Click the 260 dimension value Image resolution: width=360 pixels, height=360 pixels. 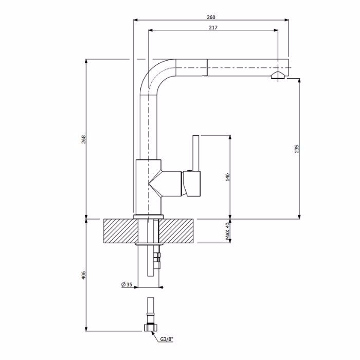[x=211, y=17]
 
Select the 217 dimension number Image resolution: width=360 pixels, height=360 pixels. [x=213, y=28]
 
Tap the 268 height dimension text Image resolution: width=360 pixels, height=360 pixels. [x=83, y=139]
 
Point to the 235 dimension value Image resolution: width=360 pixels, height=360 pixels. [x=297, y=149]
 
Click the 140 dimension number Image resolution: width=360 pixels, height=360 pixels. [x=227, y=177]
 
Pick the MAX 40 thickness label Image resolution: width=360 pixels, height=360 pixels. [x=227, y=231]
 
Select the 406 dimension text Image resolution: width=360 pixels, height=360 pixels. [x=83, y=275]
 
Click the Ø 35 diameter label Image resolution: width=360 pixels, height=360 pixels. [x=127, y=285]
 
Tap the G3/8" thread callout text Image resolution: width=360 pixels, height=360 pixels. [x=167, y=339]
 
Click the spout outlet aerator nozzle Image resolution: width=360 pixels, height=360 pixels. [x=278, y=75]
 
